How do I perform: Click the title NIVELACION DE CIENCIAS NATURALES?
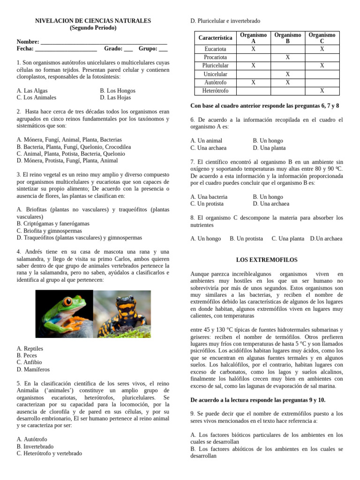coord(93,21)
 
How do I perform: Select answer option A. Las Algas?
coord(32,90)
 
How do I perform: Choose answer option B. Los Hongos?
coord(118,90)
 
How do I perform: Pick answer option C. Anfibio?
coord(29,362)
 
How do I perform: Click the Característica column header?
coord(215,37)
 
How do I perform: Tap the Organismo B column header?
coord(288,38)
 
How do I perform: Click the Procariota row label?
coord(215,57)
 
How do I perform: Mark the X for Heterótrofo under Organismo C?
coord(322,91)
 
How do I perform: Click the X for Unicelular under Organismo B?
coord(288,74)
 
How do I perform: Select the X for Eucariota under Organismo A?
coord(253,49)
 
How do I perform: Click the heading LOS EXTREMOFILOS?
coord(267,260)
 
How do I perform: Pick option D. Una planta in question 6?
coord(269,148)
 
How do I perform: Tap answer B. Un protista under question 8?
coord(246,239)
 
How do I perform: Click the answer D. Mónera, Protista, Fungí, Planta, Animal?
coord(67,160)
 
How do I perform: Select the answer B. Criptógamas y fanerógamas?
coord(52,224)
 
